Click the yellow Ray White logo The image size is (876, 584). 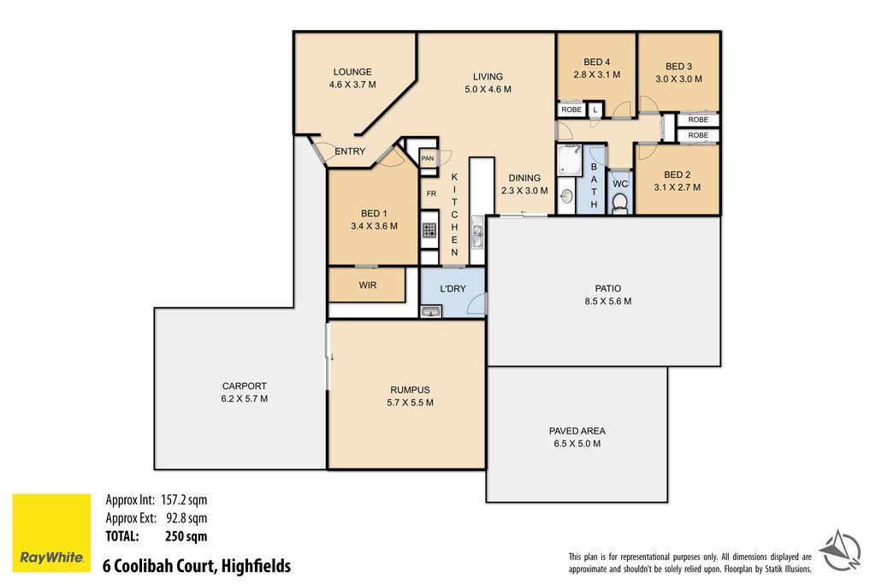point(51,532)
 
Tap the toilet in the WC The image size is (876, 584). point(620,204)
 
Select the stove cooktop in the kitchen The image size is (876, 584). point(429,230)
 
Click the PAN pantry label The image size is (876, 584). point(428,158)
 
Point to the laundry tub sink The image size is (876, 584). point(431,311)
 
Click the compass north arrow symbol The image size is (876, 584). point(840,550)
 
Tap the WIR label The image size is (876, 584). point(368,286)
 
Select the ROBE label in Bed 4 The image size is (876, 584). point(571,109)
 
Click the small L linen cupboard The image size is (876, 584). point(595,110)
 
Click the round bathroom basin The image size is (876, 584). point(566,196)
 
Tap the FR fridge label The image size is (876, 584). point(431,194)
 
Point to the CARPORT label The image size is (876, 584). point(244,386)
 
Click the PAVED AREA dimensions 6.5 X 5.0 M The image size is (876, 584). point(577,444)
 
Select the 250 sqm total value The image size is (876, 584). point(186,536)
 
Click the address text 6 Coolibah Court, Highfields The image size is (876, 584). point(197,566)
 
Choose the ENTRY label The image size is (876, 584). point(350,151)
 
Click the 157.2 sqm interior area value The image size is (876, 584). point(184,499)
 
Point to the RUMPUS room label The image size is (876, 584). point(410,390)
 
